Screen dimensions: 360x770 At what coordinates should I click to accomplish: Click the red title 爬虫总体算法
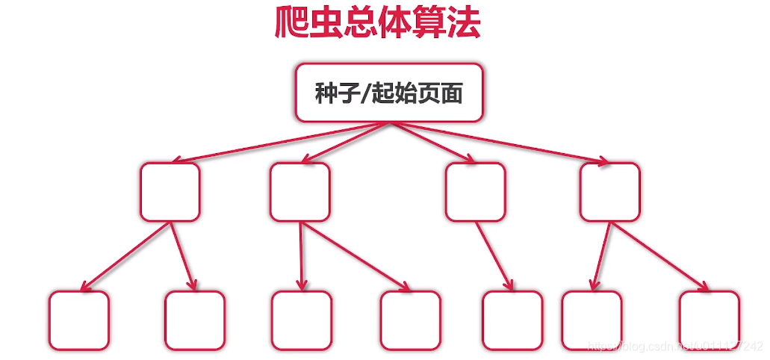[377, 24]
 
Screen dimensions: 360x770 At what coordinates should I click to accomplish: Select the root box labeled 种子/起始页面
[389, 93]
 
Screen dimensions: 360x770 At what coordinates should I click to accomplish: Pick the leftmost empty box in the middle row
[170, 192]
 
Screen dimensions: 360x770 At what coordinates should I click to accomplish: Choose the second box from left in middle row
[299, 192]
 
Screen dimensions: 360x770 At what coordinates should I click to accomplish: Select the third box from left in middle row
[475, 192]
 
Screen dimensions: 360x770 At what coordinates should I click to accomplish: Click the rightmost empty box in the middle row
[609, 192]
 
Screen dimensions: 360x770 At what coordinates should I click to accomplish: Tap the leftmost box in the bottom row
[79, 320]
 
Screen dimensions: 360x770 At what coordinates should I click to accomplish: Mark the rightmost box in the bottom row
[710, 320]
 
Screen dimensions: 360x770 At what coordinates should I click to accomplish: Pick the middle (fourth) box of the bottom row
[410, 320]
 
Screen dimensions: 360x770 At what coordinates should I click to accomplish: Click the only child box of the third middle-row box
[512, 320]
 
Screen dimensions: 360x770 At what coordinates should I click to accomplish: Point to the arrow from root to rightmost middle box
[500, 141]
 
